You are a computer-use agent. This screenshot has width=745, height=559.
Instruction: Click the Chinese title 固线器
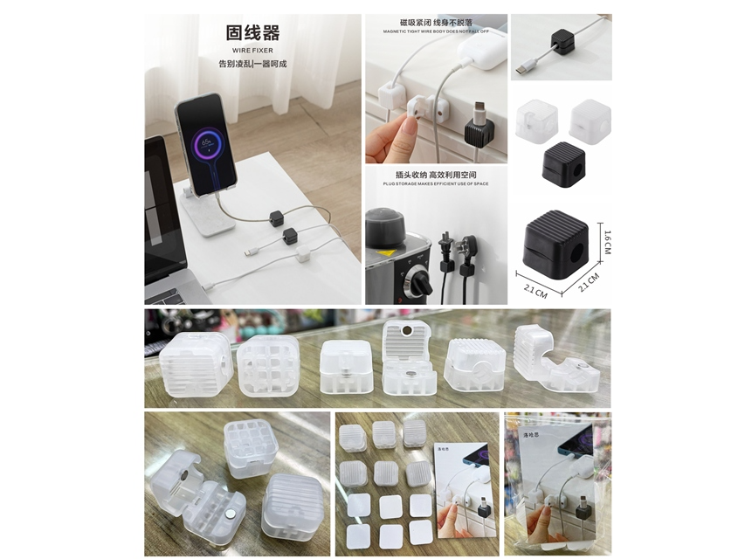[252, 33]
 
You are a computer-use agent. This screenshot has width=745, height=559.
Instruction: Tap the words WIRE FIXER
[252, 51]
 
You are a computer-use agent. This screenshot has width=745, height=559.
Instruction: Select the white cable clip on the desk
[303, 253]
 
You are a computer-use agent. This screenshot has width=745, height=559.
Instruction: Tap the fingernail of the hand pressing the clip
[408, 128]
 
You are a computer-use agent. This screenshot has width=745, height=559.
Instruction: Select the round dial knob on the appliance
[417, 281]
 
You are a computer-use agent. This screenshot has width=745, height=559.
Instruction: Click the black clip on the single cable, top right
[562, 41]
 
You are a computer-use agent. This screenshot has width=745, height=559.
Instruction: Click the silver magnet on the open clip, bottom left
[184, 474]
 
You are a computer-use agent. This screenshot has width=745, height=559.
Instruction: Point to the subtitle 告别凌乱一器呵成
[252, 64]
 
